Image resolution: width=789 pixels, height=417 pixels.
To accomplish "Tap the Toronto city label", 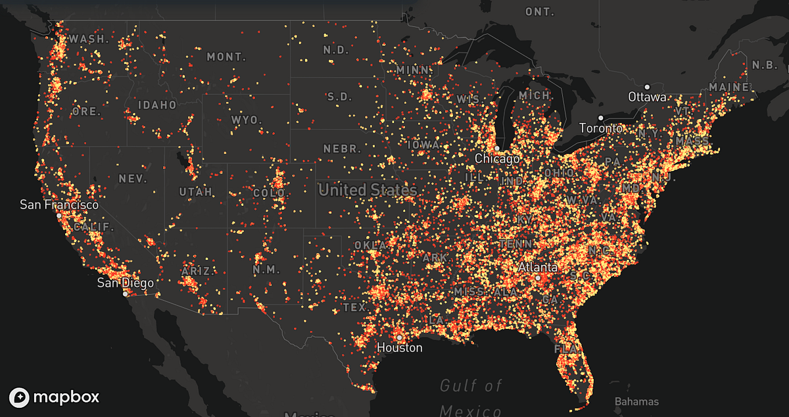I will (601, 128).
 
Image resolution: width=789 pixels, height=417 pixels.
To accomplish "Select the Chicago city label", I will (497, 159).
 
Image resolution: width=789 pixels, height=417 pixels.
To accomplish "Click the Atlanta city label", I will (538, 268).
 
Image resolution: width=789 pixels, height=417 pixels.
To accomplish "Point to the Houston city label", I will (400, 347).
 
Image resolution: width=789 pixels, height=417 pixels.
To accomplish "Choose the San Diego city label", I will (126, 283).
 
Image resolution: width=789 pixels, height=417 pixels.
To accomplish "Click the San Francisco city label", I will (59, 205).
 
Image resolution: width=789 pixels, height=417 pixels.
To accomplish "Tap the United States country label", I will (368, 190).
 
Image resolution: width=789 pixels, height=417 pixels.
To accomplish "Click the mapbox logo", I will (55, 397).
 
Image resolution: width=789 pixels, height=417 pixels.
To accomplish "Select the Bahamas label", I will (636, 401).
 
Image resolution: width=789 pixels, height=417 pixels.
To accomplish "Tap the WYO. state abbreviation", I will (247, 120).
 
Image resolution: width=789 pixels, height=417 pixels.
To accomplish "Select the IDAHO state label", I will (157, 105).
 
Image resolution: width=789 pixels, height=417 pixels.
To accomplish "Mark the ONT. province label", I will (540, 12).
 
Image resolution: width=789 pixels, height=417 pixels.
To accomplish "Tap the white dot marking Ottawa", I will (647, 87).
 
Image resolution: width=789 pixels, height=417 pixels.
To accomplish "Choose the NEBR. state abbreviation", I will (339, 149).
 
